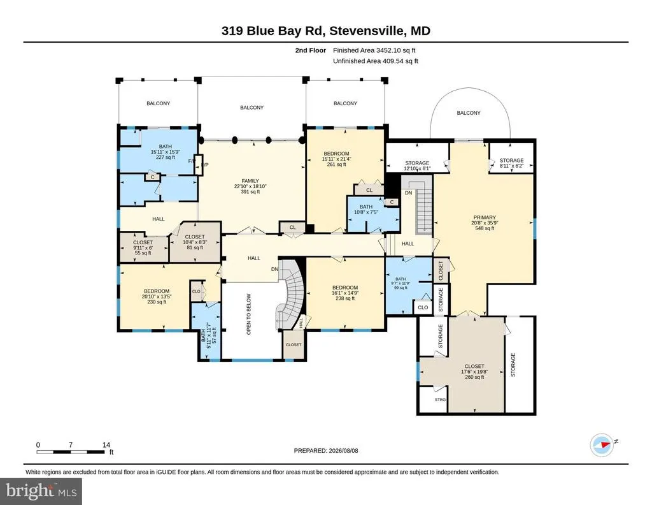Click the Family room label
(250, 186)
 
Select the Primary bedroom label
(485, 223)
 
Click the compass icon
(602, 444)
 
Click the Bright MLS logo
(41, 491)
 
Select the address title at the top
(325, 31)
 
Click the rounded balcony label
(469, 113)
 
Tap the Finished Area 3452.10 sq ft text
(374, 50)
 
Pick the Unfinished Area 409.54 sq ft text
(376, 61)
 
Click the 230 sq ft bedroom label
(157, 296)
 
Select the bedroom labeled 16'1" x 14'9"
(345, 293)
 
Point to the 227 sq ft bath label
(165, 152)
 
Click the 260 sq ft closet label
(474, 372)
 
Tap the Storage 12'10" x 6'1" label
(417, 166)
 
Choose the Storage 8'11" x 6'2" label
(511, 163)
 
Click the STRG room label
(440, 400)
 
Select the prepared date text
(326, 450)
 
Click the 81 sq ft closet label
(195, 242)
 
